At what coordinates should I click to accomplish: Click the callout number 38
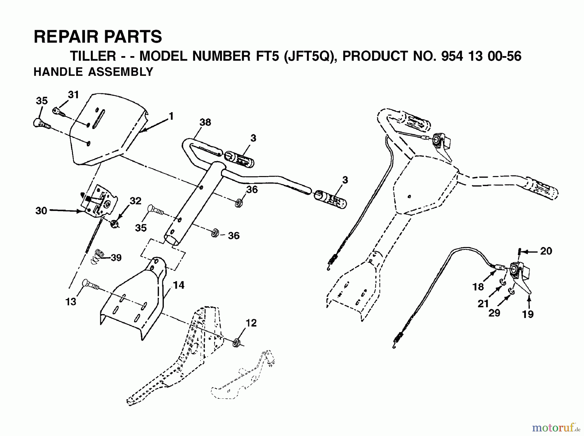coord(205,123)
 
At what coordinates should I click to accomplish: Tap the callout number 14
coord(178,285)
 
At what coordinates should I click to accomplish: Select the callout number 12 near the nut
coord(251,323)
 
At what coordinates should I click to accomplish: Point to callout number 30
coord(41,211)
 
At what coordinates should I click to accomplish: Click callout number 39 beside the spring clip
coord(116,258)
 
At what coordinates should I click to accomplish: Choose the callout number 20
coord(546,251)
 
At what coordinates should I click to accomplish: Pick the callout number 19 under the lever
coord(528,314)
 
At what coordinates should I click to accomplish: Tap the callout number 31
coord(73,95)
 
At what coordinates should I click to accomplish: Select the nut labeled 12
coord(237,343)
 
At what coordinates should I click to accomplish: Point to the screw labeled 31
coord(58,112)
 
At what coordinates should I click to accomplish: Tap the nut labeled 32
coord(114,224)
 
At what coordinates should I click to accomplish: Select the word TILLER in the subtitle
coord(93,56)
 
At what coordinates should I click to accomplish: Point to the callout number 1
coord(171,116)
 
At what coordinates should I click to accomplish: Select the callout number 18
coord(478,287)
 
